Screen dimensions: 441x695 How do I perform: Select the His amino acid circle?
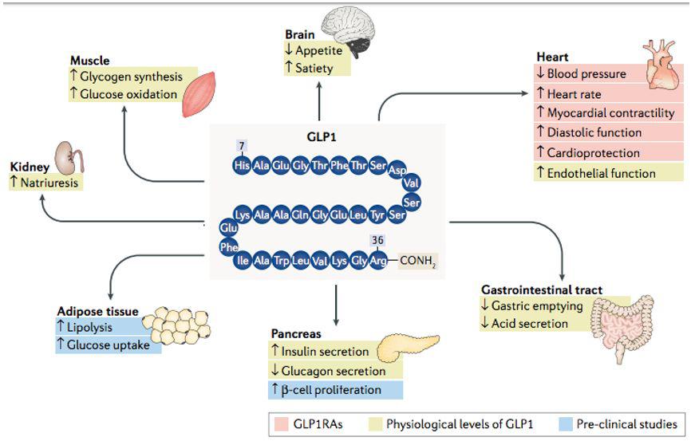click(x=243, y=166)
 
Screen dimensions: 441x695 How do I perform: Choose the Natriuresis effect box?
click(x=48, y=183)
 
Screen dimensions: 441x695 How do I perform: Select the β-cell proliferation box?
click(x=334, y=390)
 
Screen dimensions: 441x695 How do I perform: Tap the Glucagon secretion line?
click(x=334, y=371)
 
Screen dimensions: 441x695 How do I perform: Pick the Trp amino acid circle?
click(x=281, y=259)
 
